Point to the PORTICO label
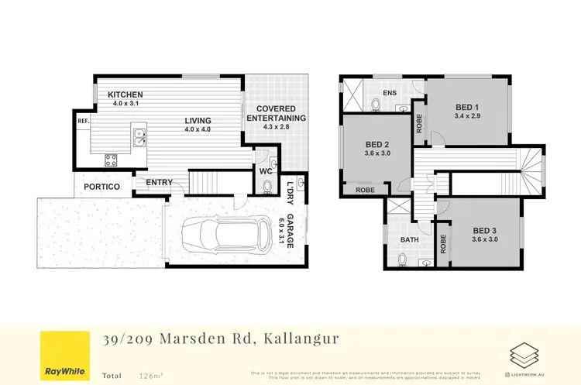tap(101, 187)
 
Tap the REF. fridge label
tap(82, 122)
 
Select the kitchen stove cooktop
tap(112, 160)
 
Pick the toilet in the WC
tap(266, 186)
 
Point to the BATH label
tap(409, 240)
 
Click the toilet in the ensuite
tap(375, 103)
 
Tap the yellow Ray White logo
tap(64, 355)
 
